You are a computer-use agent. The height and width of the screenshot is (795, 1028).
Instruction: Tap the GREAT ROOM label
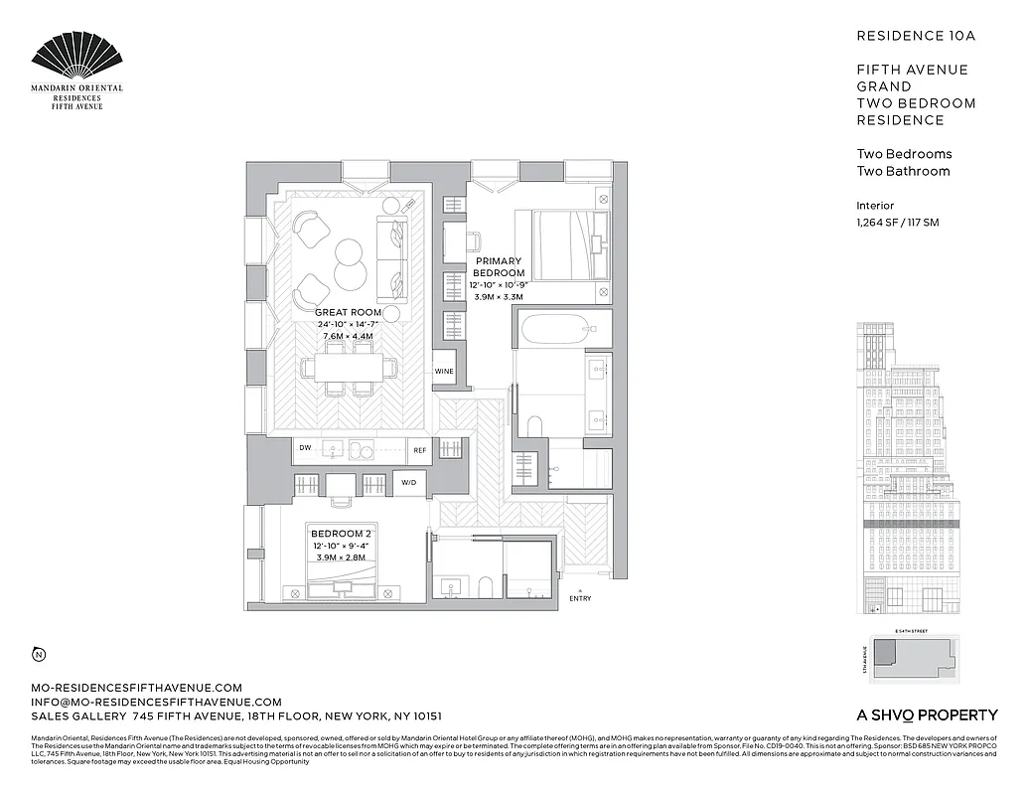tap(348, 312)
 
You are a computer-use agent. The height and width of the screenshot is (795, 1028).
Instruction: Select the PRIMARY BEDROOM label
tap(499, 266)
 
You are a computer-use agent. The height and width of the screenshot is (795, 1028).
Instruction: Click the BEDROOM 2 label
tap(341, 534)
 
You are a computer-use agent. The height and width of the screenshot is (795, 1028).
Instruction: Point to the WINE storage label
tap(444, 372)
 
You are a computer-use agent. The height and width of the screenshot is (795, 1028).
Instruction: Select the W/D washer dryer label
tap(409, 483)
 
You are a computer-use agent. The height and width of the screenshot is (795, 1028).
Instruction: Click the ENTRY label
tap(579, 598)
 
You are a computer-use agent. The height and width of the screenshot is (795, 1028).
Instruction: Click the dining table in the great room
tap(349, 368)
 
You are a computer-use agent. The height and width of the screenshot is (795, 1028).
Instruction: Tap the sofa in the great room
tap(391, 258)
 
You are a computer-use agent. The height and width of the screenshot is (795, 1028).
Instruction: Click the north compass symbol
tap(38, 654)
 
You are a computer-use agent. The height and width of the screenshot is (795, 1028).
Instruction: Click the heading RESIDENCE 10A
tap(916, 36)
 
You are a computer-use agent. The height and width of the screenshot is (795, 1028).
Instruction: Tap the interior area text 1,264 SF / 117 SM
tap(897, 223)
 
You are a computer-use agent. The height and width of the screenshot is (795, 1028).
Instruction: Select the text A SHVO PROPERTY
tap(927, 715)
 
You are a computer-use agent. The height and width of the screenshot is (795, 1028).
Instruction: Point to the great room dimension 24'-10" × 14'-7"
tap(348, 324)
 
